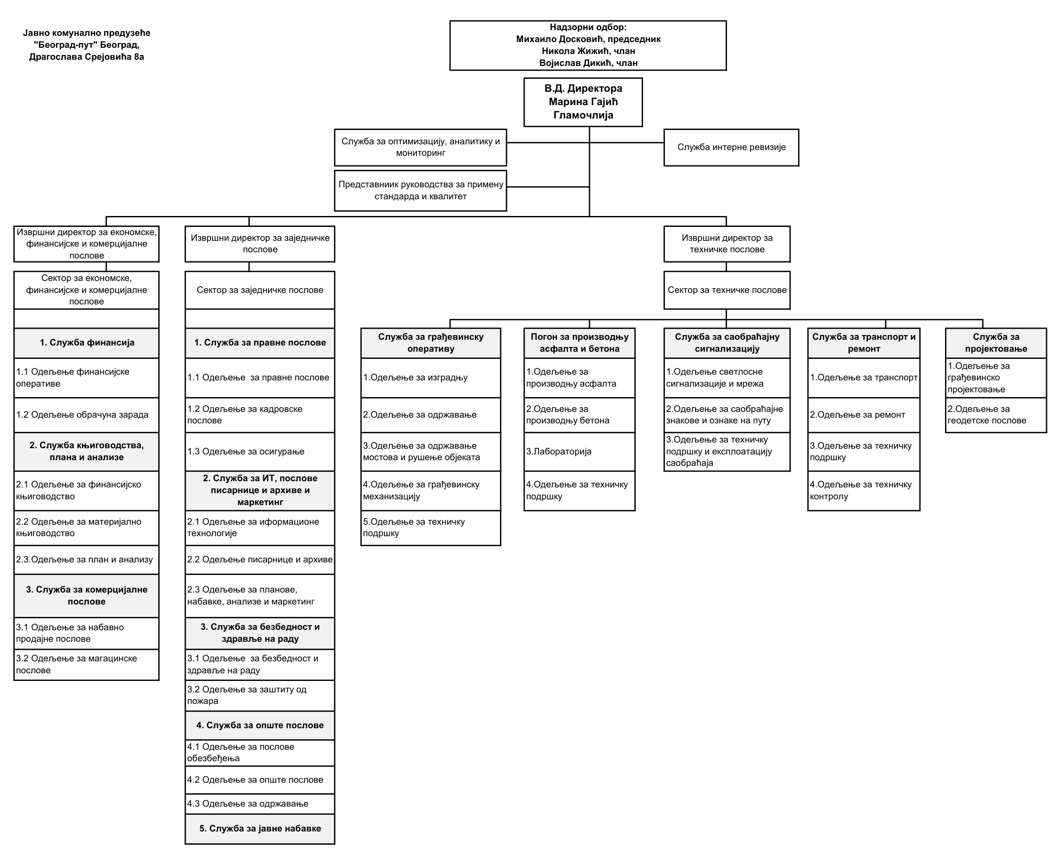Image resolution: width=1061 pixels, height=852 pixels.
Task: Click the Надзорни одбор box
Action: click(588, 45)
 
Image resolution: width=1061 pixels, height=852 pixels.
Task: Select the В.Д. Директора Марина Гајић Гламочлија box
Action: click(583, 102)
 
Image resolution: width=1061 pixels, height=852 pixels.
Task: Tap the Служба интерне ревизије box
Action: click(731, 147)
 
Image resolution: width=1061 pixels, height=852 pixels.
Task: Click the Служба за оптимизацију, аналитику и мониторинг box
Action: click(420, 147)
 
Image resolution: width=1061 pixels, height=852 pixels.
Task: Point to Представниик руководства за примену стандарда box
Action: click(420, 191)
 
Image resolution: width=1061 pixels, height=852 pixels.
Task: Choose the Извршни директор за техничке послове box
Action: click(727, 244)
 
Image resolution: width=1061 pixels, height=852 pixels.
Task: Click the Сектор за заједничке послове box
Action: click(260, 290)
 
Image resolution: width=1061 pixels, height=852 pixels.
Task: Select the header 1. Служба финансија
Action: click(86, 343)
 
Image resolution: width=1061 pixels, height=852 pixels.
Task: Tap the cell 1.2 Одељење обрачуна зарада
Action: click(86, 414)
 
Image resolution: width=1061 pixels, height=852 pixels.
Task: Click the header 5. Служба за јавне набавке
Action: click(260, 829)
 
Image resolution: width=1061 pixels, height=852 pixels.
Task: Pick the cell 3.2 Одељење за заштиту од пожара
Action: click(260, 695)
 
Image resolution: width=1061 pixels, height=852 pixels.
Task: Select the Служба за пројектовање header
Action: click(996, 343)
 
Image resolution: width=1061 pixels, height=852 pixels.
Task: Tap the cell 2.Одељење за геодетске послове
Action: click(996, 414)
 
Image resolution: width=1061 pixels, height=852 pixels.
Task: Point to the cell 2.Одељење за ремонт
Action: click(864, 414)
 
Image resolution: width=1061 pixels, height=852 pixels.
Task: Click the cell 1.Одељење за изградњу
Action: click(430, 377)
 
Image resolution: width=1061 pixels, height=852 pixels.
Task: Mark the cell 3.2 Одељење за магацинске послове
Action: click(86, 665)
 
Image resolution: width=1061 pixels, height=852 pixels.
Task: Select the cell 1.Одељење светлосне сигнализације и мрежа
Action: click(727, 377)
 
